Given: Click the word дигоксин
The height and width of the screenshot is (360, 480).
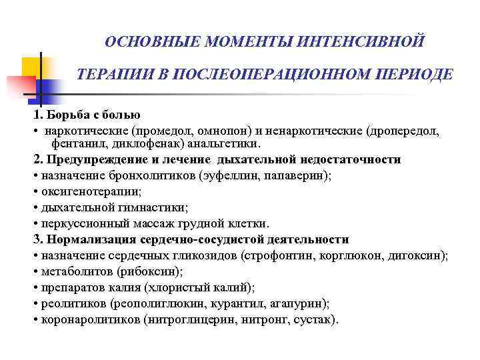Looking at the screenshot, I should (x=419, y=255).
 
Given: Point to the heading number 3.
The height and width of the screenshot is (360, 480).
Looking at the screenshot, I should (x=36, y=239).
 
